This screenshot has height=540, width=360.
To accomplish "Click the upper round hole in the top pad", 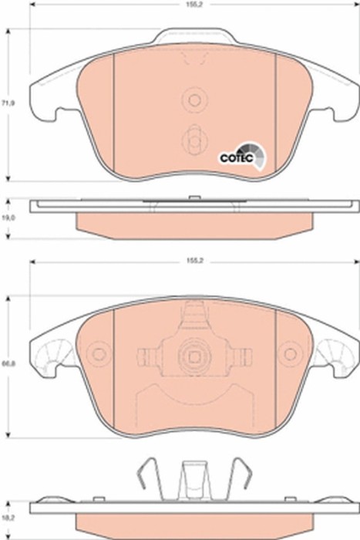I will pos(193,100).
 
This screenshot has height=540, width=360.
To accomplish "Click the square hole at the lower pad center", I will pos(193,356).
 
